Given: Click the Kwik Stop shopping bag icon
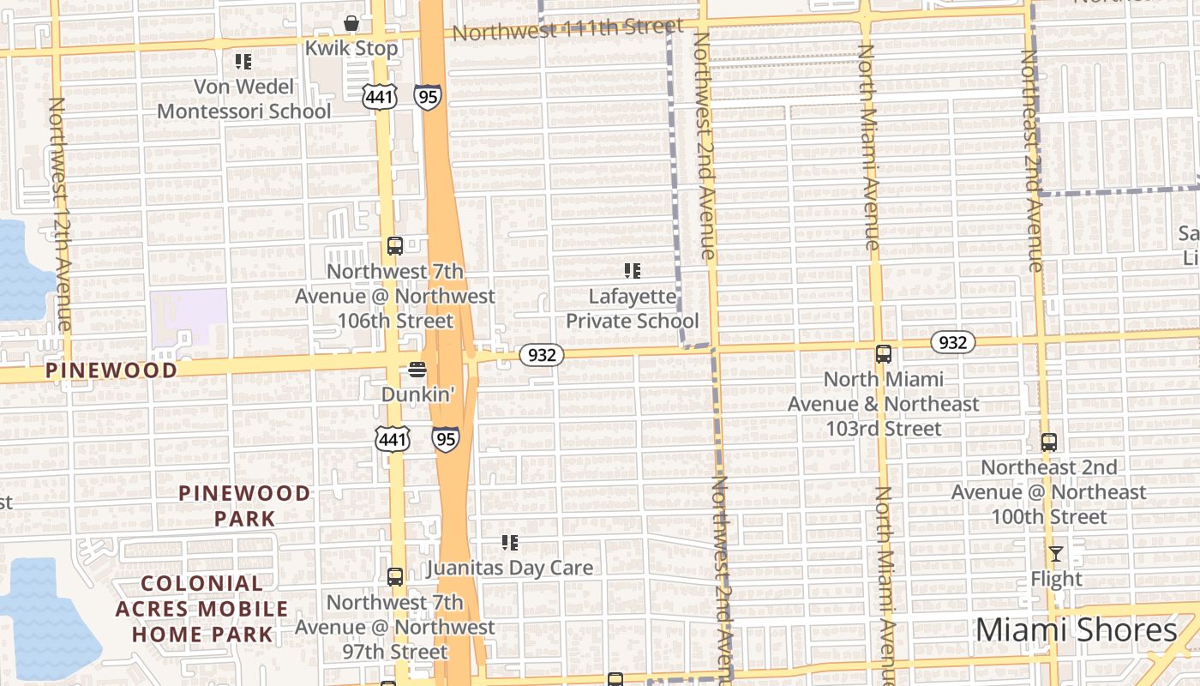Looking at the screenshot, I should click(x=351, y=22).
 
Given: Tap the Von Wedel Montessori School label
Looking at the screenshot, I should click(x=243, y=99).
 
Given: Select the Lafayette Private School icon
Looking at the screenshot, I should click(x=633, y=272).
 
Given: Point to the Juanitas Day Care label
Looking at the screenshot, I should click(x=509, y=568).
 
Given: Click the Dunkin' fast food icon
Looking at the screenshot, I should click(x=417, y=370).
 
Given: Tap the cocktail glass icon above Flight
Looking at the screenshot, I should click(x=1056, y=554).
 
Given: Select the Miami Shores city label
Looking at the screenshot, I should click(x=1076, y=630).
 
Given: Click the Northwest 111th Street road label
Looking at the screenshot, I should click(x=567, y=30).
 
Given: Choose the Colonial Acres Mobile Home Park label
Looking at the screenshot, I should click(x=202, y=609).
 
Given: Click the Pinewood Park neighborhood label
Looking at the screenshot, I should click(x=244, y=505).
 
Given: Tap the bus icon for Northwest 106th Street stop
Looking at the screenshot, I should click(x=394, y=246).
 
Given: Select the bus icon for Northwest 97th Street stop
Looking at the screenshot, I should click(x=394, y=577).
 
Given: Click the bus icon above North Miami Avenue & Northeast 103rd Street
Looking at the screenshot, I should click(x=883, y=353).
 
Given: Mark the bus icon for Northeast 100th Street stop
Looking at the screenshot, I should click(x=1049, y=442).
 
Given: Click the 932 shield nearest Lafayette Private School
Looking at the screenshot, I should click(x=542, y=354).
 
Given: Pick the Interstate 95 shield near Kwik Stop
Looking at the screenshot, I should click(x=427, y=96).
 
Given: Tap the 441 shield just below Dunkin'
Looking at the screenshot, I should click(x=392, y=439).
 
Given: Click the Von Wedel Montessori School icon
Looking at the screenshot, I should click(x=243, y=62).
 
